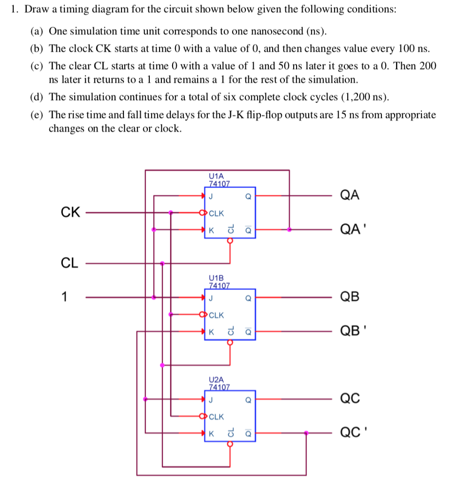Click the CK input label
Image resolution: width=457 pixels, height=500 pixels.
[70, 212]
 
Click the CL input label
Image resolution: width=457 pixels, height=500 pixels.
[69, 263]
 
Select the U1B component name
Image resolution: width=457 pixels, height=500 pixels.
[216, 277]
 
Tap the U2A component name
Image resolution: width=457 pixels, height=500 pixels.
[216, 379]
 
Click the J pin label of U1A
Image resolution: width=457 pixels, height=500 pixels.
[211, 197]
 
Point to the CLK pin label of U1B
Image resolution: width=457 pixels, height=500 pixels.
[216, 315]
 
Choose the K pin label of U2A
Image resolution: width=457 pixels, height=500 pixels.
[211, 434]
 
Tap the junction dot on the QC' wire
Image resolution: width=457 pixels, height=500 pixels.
[306, 433]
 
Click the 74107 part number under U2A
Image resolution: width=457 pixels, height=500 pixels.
[219, 387]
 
